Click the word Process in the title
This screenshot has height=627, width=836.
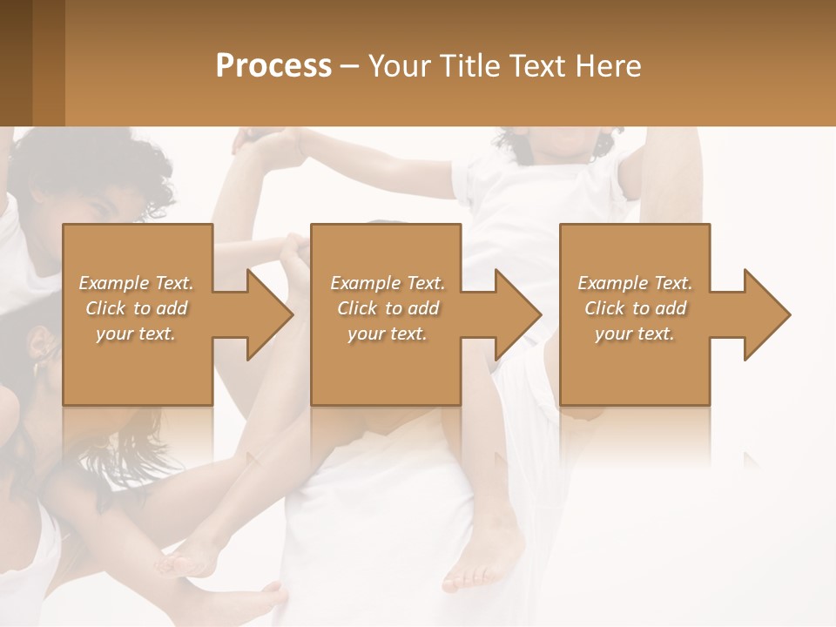pyautogui.click(x=273, y=66)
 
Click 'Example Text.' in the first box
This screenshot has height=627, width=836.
pyautogui.click(x=136, y=283)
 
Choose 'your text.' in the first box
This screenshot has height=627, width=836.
pyautogui.click(x=136, y=334)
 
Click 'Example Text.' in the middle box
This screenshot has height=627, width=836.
pyautogui.click(x=388, y=283)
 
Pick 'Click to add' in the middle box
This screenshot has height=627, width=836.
pyautogui.click(x=388, y=308)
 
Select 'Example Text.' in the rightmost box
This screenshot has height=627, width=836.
pyautogui.click(x=635, y=283)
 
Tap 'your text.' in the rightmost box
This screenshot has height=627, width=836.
pyautogui.click(x=635, y=334)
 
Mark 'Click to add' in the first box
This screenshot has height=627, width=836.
pyautogui.click(x=136, y=308)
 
